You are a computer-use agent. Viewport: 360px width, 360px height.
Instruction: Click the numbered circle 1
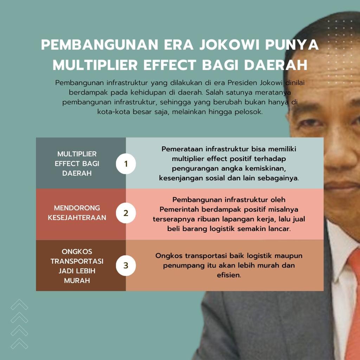tap(126, 164)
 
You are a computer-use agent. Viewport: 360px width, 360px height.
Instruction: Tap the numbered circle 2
tap(126, 213)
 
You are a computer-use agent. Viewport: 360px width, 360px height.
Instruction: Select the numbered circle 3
tap(126, 265)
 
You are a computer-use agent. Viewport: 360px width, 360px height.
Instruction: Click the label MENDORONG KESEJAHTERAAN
tap(77, 213)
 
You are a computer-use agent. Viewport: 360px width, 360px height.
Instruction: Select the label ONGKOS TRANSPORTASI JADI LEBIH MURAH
tap(77, 266)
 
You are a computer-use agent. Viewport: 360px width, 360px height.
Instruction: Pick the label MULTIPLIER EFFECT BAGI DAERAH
tap(77, 163)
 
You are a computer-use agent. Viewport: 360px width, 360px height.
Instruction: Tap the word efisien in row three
tap(229, 275)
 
